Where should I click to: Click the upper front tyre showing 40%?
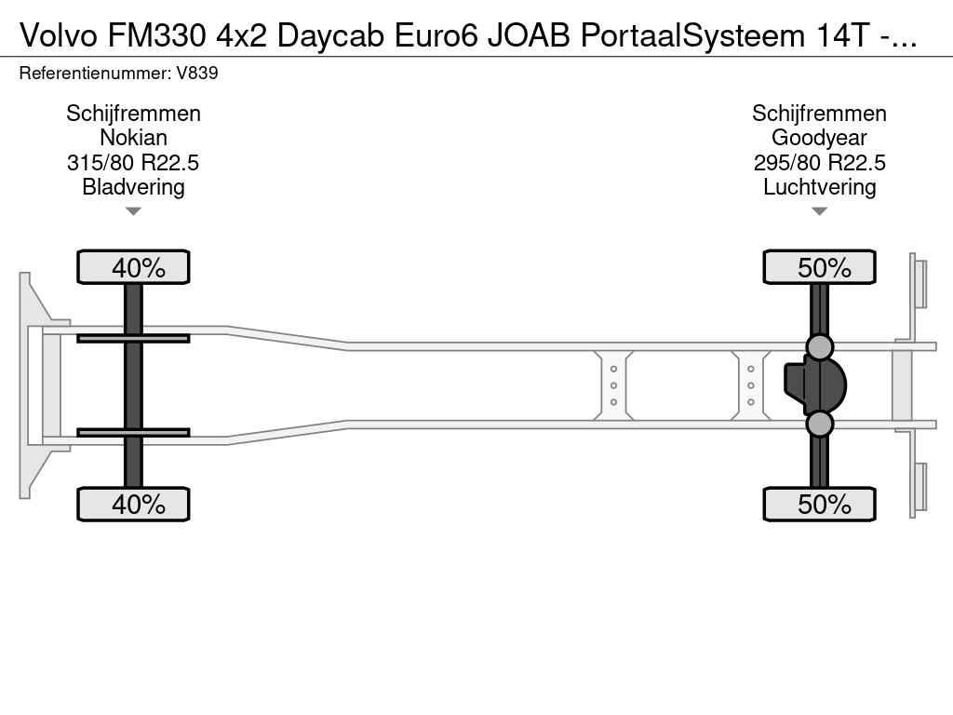click(133, 267)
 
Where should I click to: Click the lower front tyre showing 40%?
click(133, 504)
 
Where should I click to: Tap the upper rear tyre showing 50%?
click(819, 267)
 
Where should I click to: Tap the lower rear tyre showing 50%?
click(819, 504)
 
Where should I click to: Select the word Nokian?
click(134, 138)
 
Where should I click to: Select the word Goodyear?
click(819, 138)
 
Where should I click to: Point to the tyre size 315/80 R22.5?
click(133, 162)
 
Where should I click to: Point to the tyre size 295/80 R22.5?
click(819, 162)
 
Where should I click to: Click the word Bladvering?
click(134, 187)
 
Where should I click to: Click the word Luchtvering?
click(819, 187)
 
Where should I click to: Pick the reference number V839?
click(197, 73)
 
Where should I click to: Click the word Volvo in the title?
click(59, 36)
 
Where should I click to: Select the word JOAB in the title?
click(529, 36)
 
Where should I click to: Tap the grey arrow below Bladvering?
click(133, 211)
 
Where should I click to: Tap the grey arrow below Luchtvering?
click(819, 211)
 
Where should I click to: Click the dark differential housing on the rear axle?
click(814, 385)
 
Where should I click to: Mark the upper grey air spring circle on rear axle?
click(819, 346)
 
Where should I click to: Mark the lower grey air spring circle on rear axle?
click(819, 424)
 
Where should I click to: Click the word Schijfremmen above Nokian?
click(134, 114)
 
